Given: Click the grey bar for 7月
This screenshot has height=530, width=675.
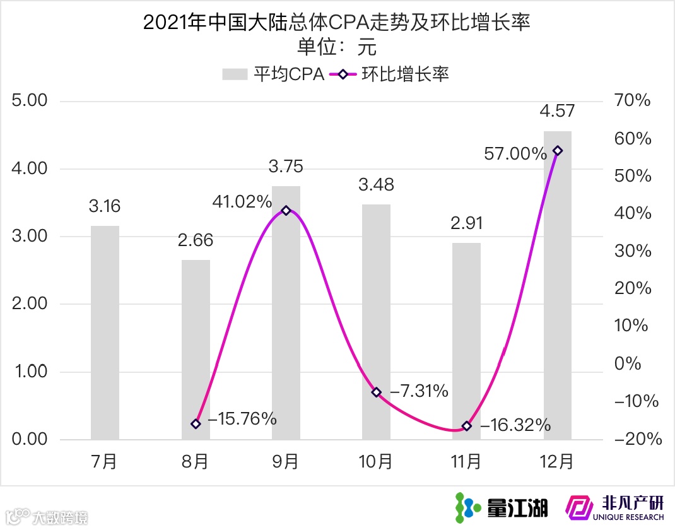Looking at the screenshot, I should coord(105,333).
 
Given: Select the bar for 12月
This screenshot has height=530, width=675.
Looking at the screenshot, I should coord(558,285).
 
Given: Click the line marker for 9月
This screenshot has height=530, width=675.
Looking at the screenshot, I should coord(286,211).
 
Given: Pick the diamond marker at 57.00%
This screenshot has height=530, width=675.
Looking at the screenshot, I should coord(558,151).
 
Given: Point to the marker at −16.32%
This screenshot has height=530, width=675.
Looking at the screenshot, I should coord(467,427).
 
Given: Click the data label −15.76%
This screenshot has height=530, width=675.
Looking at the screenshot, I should coord(242,418).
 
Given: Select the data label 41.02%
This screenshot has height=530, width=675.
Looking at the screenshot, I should coord(242,203).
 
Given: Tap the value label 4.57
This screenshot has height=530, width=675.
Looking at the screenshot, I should coord(557,112).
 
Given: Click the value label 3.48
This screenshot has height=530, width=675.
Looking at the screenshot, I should coord(376,185).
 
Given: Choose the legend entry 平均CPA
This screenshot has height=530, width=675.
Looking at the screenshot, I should coord(274,74).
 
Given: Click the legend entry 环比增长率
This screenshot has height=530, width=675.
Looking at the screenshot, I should coord(390,74).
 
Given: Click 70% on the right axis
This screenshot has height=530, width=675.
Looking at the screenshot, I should coord(633,101).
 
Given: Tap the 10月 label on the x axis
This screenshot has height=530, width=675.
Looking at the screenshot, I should coord(376,462).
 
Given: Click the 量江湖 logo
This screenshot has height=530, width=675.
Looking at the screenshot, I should coord(502,507).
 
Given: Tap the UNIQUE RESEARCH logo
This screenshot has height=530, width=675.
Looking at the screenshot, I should coord(616,507).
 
